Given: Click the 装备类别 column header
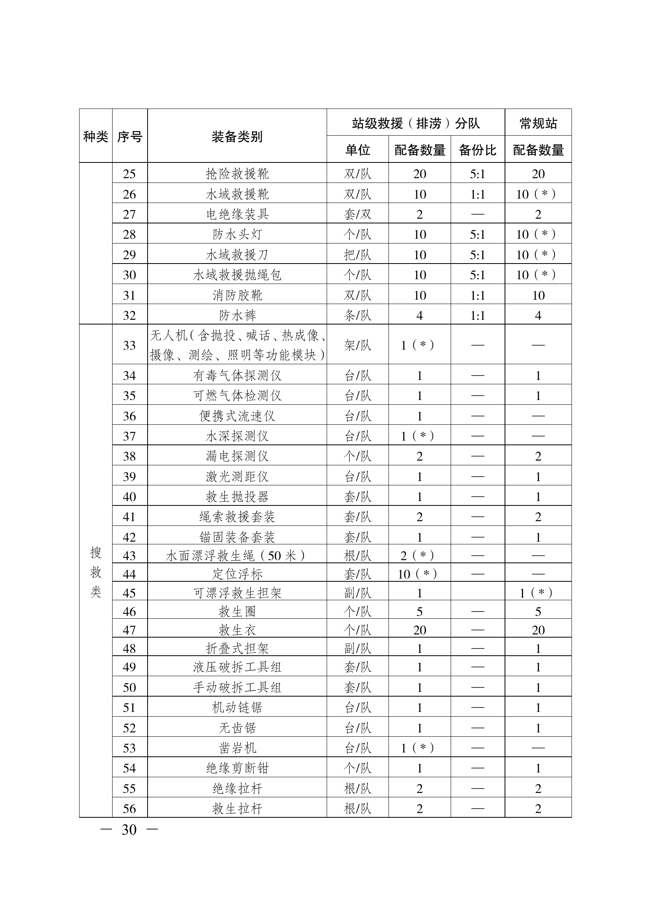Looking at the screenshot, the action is point(237,136).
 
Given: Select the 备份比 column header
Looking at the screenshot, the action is point(477,150).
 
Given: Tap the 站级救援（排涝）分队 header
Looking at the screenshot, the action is point(416,123).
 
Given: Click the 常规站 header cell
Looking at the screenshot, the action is point(538,123).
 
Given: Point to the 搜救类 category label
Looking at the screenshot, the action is point(96,572).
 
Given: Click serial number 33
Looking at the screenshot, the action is point(129,345).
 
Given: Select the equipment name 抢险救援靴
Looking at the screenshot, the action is point(237,174).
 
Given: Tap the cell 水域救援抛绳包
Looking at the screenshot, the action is point(237,275).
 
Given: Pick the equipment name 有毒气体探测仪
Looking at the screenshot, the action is point(237,376).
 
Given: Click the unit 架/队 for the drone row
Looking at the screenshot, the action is point(357,345).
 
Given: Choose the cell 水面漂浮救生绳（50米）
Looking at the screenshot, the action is point(237,555).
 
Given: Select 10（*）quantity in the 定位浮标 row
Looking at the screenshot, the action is point(419,574).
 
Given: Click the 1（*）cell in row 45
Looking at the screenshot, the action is point(538,593).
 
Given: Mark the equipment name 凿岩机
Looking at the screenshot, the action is point(237,748).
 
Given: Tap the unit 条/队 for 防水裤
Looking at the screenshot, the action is point(357,315).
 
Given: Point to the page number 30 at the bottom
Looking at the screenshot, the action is point(129,830).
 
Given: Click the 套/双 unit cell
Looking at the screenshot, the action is point(357,214).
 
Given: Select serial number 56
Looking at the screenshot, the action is point(129,808).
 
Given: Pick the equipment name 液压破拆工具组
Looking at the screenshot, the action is point(237,667).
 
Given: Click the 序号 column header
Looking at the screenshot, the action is point(129,136).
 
